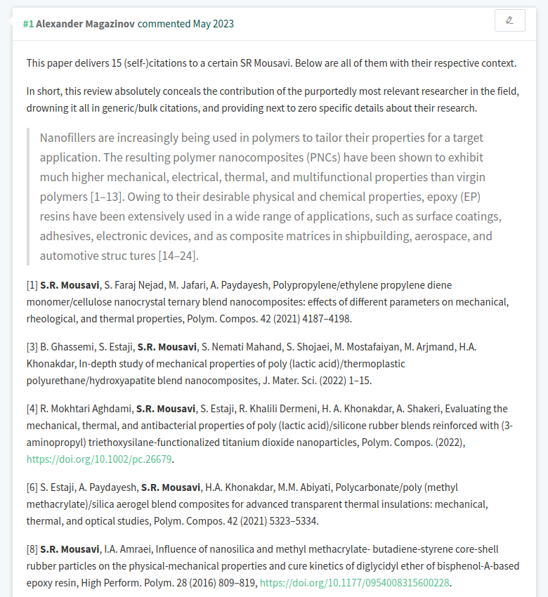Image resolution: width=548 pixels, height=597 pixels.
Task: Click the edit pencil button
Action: (x=509, y=21)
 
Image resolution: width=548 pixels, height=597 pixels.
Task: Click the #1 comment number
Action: (x=28, y=24)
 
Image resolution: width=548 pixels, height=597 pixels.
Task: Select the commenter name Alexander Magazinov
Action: (x=85, y=24)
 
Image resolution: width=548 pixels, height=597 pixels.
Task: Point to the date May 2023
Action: (x=214, y=24)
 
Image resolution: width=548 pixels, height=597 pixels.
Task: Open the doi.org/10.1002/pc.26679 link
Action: (x=99, y=459)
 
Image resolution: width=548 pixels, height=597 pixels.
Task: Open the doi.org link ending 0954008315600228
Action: (x=354, y=583)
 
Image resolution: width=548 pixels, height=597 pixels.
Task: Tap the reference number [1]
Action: (x=32, y=285)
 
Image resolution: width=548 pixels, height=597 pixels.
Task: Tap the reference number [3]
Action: (x=32, y=347)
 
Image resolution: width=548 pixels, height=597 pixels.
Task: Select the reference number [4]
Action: (x=32, y=409)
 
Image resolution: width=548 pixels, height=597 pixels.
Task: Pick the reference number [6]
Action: (x=32, y=487)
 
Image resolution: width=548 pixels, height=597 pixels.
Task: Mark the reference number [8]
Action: (x=32, y=549)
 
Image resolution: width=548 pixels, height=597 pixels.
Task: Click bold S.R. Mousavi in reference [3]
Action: (x=167, y=347)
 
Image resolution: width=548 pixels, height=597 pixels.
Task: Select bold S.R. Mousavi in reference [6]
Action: (x=170, y=487)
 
